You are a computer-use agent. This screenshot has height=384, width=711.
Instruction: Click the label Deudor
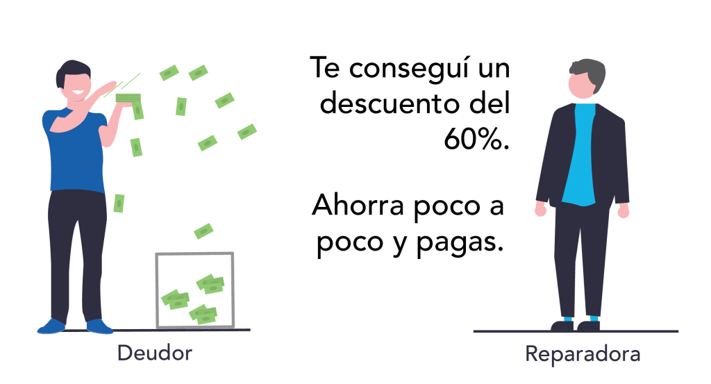(155, 353)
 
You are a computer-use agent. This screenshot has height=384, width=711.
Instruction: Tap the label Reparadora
(583, 354)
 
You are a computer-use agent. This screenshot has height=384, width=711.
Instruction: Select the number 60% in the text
(476, 139)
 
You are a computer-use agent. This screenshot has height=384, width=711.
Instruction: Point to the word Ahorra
(358, 205)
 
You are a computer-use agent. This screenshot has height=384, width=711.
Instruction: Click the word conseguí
(410, 68)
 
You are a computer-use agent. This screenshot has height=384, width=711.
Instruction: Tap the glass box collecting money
(195, 290)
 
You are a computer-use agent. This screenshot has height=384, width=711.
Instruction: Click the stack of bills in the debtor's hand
(128, 99)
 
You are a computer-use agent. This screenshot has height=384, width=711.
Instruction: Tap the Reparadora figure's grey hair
(589, 72)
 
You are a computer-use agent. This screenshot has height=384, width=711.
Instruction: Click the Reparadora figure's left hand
(624, 210)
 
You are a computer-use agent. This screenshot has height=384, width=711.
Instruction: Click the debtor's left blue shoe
(99, 326)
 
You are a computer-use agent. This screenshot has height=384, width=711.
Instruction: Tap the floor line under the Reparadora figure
(576, 331)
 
